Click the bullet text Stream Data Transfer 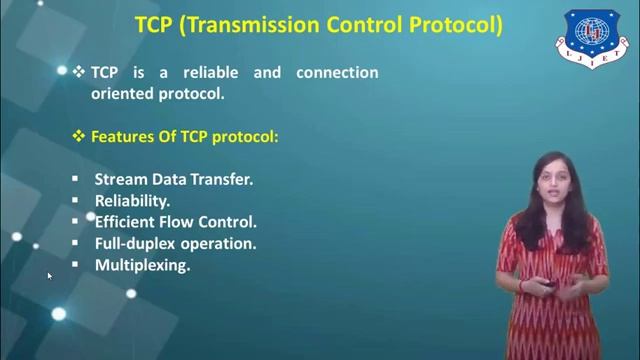pyautogui.click(x=173, y=180)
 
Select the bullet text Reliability pyautogui.click(x=132, y=201)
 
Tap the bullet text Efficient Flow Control pyautogui.click(x=175, y=222)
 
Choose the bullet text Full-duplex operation pyautogui.click(x=175, y=243)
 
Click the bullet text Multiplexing pyautogui.click(x=142, y=265)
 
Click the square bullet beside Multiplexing pyautogui.click(x=74, y=265)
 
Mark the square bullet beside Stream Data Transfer pyautogui.click(x=74, y=180)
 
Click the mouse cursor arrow pyautogui.click(x=49, y=276)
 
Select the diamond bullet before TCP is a pyautogui.click(x=79, y=72)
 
